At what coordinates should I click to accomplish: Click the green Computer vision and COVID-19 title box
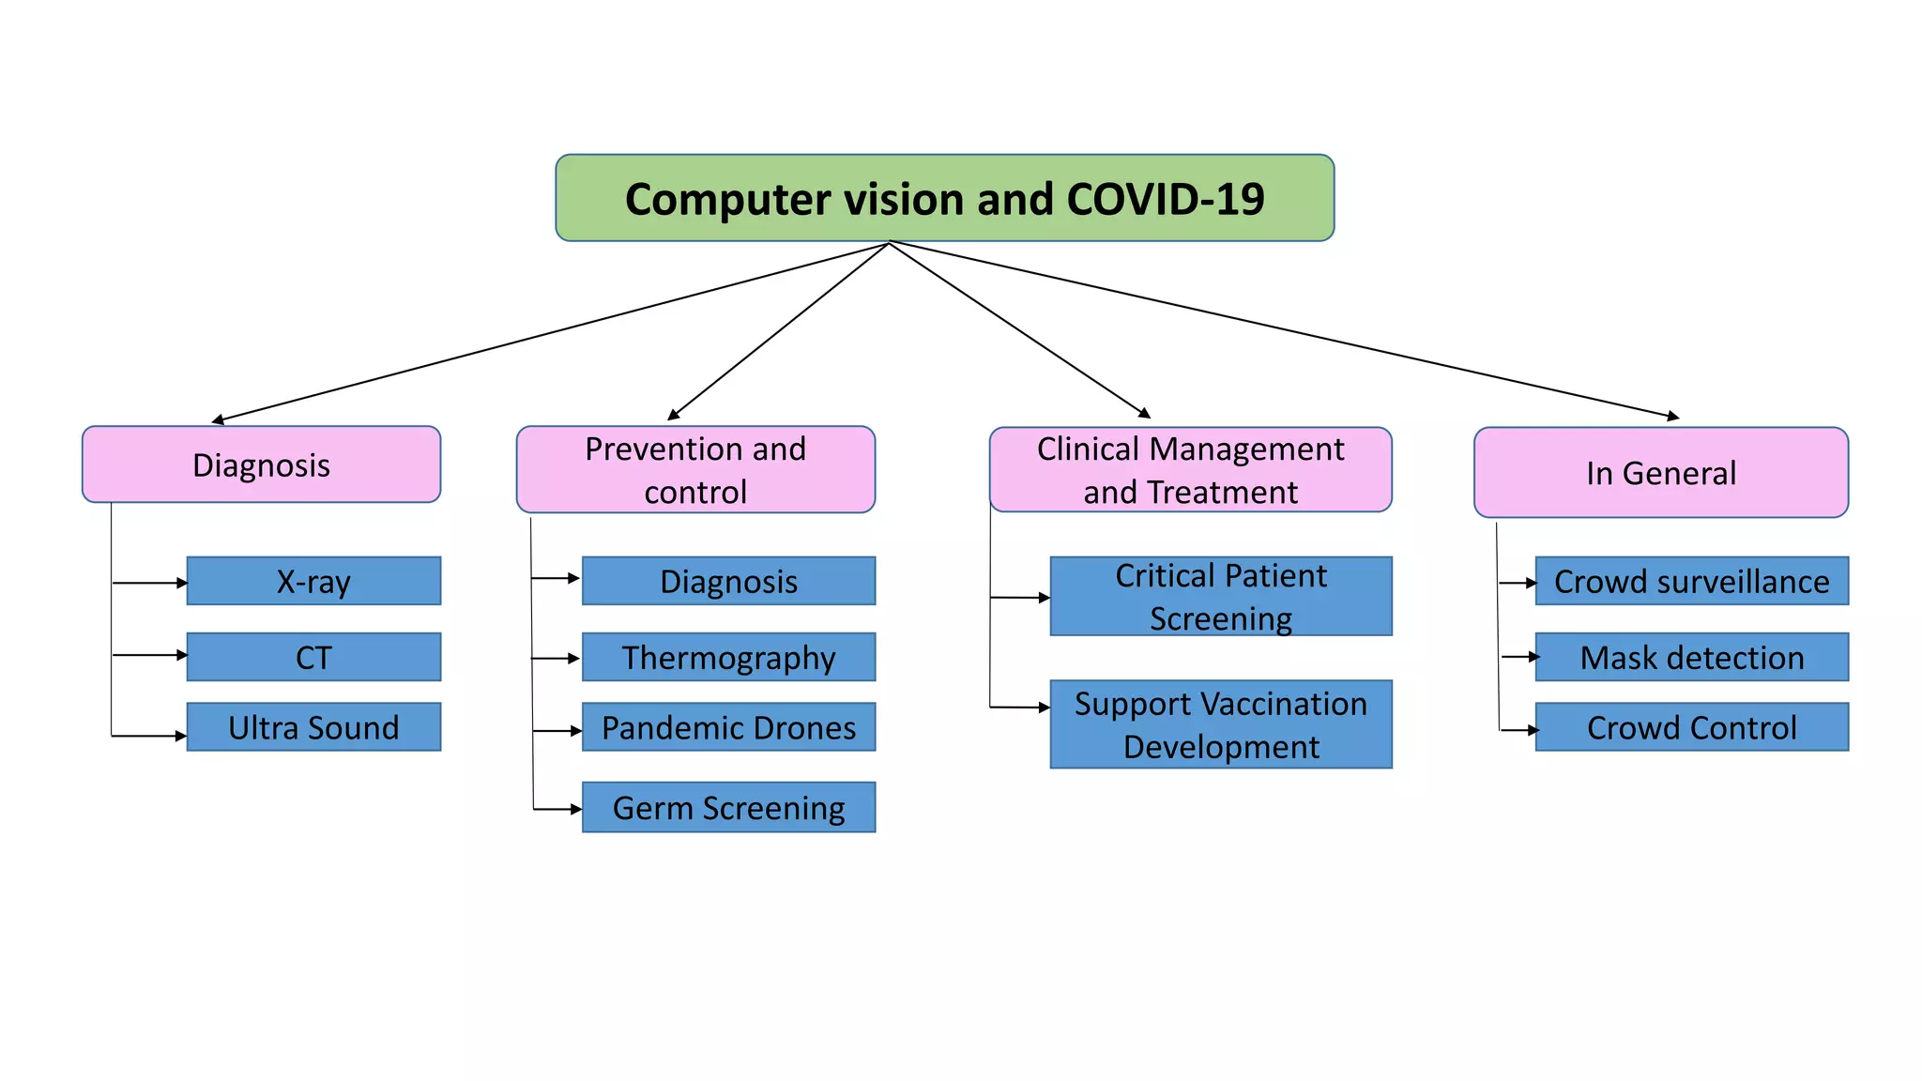coord(944,198)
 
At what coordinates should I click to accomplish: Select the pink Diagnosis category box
coord(261,464)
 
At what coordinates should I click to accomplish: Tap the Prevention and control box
coord(695,469)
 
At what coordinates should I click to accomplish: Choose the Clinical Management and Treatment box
coord(1190,469)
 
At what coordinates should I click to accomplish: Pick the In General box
coord(1660,472)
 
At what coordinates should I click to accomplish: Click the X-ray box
coord(313,581)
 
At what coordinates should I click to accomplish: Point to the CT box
coord(313,657)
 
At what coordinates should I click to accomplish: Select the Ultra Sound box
coord(313,727)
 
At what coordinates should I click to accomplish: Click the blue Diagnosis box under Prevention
coord(728,581)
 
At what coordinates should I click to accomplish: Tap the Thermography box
coord(728,657)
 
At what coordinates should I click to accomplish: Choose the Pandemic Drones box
coord(728,727)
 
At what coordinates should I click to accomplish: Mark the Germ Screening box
coord(728,807)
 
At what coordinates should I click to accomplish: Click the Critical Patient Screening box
coord(1220,597)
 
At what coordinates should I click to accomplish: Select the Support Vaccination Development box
coord(1220,724)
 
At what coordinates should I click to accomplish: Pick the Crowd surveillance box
coord(1691,581)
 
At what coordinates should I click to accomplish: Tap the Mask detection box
coord(1691,657)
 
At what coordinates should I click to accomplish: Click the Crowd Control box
coord(1691,727)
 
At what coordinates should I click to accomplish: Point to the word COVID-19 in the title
coord(1165,199)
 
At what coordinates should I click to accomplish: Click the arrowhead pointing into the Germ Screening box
coord(576,809)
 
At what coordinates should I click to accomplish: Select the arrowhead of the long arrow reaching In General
coord(1673,417)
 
